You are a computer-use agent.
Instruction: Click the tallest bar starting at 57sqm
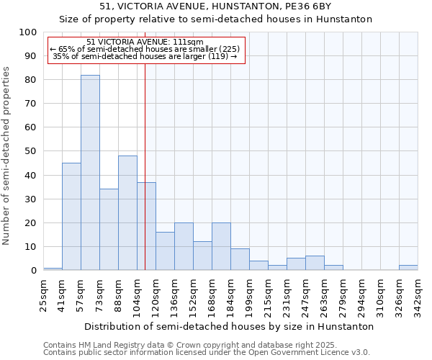tap(90, 173)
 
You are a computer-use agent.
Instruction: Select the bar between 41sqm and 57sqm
tap(71, 216)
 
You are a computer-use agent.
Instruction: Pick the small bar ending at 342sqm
tap(408, 268)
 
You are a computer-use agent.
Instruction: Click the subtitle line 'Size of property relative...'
tap(215, 19)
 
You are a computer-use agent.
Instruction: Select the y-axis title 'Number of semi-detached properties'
tap(7, 156)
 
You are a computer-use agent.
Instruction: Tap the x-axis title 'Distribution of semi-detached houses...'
tap(229, 326)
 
